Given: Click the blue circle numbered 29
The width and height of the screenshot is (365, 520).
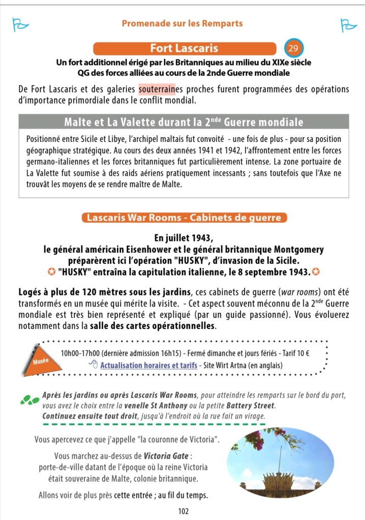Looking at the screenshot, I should click(293, 49).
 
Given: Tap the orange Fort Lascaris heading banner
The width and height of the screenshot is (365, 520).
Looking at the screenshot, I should click(184, 49).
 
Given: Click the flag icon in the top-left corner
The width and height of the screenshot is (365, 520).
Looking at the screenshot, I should click(19, 24).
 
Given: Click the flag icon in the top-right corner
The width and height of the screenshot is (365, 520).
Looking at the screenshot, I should click(348, 24).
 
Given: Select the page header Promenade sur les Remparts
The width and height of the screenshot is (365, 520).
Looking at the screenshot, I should click(182, 23).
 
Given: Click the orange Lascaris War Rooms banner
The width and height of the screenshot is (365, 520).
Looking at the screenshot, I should click(184, 218).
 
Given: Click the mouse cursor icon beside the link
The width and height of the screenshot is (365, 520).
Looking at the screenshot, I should click(93, 364).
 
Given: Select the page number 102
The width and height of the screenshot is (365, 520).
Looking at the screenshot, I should click(184, 511).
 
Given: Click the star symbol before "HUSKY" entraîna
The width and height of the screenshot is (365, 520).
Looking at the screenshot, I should click(51, 272).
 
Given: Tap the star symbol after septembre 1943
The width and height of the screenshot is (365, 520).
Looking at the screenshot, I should click(316, 272).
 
